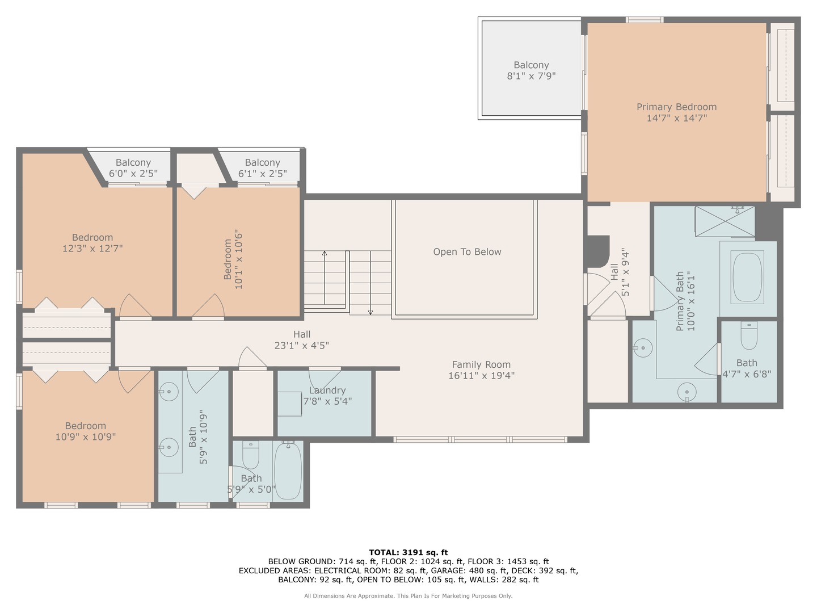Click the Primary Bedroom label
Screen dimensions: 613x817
click(x=676, y=107)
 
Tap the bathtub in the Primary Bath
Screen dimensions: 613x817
click(x=747, y=278)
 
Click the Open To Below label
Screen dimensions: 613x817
click(x=467, y=252)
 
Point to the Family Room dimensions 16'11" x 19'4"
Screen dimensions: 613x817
click(x=482, y=375)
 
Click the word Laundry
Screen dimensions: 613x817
click(x=327, y=391)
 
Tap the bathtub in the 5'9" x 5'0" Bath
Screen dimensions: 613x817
click(x=288, y=471)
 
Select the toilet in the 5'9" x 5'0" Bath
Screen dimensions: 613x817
click(x=251, y=454)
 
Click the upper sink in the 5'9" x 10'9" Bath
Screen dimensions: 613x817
click(x=169, y=391)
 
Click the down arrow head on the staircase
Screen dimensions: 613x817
click(x=370, y=312)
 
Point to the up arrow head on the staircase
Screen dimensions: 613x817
click(x=325, y=253)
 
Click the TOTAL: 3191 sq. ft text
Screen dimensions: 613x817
click(x=408, y=552)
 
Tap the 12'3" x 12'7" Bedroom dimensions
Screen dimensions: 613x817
click(x=92, y=249)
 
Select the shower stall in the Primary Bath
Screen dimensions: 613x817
click(x=725, y=221)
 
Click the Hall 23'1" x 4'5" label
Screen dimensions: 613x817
click(x=302, y=339)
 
